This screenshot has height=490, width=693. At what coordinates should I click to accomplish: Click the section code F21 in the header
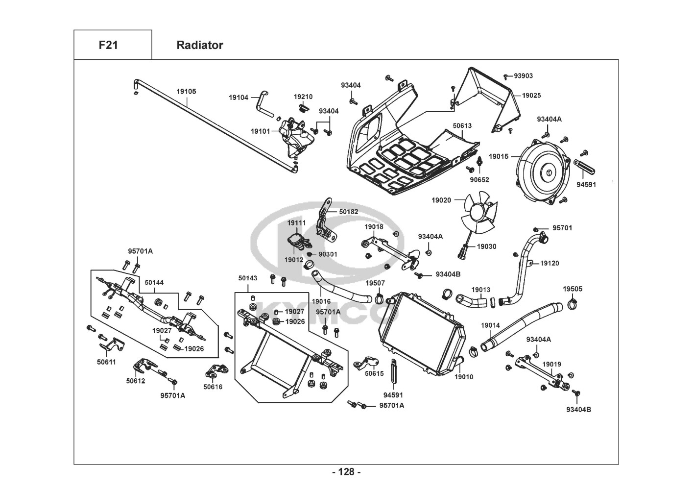pyautogui.click(x=108, y=45)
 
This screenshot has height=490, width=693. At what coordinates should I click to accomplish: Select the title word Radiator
pyautogui.click(x=199, y=45)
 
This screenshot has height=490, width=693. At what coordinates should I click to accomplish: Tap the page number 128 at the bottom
pyautogui.click(x=346, y=472)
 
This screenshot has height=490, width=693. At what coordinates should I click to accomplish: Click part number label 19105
pyautogui.click(x=186, y=91)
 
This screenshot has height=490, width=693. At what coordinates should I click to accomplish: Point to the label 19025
pyautogui.click(x=531, y=96)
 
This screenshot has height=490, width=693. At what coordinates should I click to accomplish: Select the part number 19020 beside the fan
pyautogui.click(x=441, y=200)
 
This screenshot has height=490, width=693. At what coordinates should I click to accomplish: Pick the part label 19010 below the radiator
pyautogui.click(x=464, y=377)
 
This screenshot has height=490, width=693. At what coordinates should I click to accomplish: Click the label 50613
pyautogui.click(x=462, y=126)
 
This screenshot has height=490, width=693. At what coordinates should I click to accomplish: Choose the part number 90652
pyautogui.click(x=479, y=180)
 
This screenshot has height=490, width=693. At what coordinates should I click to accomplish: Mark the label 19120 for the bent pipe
pyautogui.click(x=550, y=263)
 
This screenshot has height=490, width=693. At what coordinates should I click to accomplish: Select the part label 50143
pyautogui.click(x=248, y=278)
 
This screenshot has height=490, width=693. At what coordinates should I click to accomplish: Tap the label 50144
pyautogui.click(x=154, y=283)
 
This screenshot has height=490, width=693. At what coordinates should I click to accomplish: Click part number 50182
pyautogui.click(x=349, y=212)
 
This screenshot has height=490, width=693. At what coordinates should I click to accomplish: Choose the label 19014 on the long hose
pyautogui.click(x=490, y=325)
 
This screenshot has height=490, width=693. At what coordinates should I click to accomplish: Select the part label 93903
pyautogui.click(x=523, y=76)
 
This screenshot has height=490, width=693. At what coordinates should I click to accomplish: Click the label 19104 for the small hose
pyautogui.click(x=239, y=98)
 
